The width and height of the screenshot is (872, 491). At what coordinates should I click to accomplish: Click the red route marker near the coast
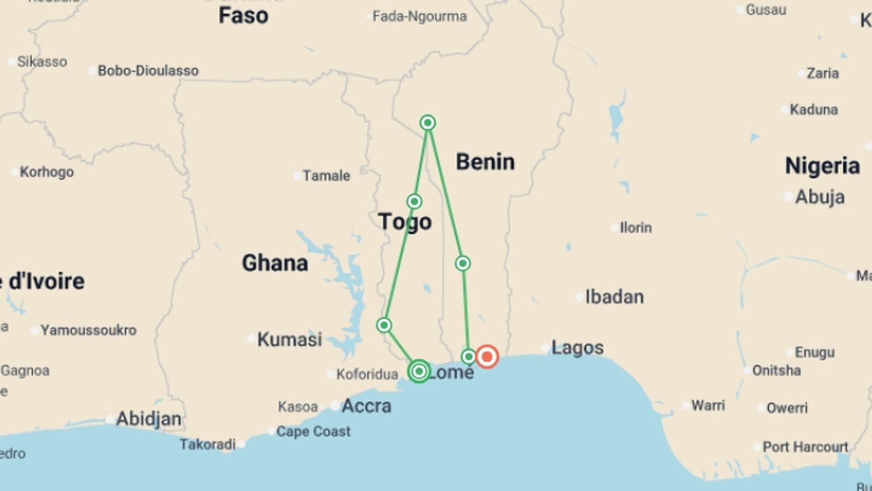(x=487, y=356)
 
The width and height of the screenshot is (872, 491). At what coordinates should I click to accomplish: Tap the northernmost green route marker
(x=427, y=123)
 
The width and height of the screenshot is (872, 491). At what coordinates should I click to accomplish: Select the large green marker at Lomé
(x=419, y=371)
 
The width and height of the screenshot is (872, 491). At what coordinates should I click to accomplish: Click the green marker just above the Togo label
(x=414, y=201)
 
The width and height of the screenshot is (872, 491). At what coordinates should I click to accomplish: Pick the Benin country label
(x=485, y=162)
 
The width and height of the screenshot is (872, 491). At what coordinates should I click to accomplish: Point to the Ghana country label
(x=275, y=263)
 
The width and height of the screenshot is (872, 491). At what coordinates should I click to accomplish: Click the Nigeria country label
(x=822, y=165)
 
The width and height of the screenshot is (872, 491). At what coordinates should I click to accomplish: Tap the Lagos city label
(x=577, y=348)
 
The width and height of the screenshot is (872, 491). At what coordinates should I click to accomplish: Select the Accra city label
(x=366, y=406)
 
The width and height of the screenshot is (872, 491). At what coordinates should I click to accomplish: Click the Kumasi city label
(x=290, y=339)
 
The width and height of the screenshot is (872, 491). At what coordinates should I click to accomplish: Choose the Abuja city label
(x=820, y=197)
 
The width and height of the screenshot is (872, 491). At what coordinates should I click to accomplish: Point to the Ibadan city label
(x=614, y=297)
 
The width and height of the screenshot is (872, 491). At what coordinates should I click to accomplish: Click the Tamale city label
(x=326, y=175)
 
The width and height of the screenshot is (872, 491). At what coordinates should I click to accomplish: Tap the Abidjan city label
(x=149, y=419)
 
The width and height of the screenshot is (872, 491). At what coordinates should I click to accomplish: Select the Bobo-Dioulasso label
(x=148, y=71)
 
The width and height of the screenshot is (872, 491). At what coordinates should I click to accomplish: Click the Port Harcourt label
(x=805, y=447)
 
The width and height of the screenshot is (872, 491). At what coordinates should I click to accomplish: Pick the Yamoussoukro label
(x=89, y=330)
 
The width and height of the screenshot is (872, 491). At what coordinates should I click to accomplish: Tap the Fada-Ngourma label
(x=419, y=17)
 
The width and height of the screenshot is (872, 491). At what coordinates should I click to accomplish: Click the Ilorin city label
(x=635, y=227)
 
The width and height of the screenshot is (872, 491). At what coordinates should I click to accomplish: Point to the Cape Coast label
(x=313, y=431)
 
